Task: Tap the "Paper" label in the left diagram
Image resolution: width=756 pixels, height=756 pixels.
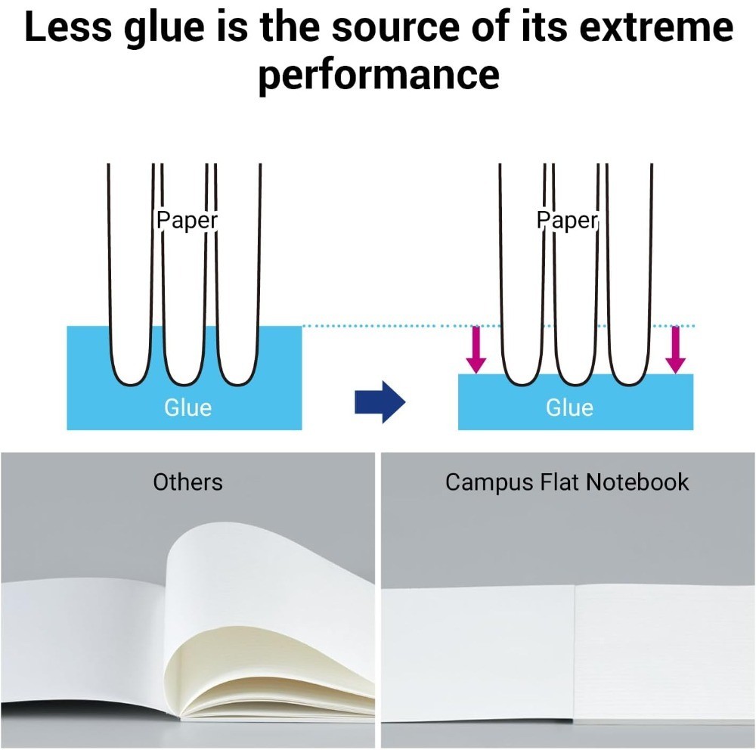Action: click(187, 220)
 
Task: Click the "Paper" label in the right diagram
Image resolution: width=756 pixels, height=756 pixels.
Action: click(567, 220)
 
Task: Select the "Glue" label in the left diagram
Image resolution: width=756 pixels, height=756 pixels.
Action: click(188, 407)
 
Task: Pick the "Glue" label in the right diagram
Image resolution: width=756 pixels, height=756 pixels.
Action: click(570, 407)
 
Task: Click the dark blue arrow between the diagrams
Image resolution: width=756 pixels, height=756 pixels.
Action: click(380, 401)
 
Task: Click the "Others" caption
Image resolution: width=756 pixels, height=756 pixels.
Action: click(187, 482)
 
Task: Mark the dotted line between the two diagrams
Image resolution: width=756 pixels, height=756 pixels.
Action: click(378, 327)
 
